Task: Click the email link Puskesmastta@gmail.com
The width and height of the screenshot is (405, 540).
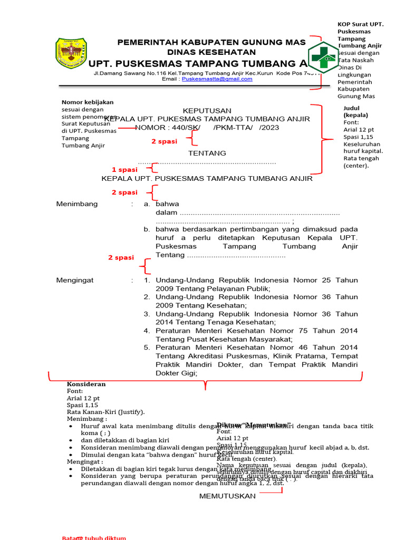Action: [217, 79]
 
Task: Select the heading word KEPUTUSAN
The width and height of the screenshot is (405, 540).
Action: [207, 111]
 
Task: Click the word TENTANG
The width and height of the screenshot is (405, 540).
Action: [207, 153]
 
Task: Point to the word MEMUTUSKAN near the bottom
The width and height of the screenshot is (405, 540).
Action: [227, 496]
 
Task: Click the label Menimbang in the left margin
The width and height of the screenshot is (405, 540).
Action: [77, 204]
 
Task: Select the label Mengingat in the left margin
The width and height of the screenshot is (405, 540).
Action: [75, 280]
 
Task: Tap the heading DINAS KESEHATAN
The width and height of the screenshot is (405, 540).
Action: [211, 52]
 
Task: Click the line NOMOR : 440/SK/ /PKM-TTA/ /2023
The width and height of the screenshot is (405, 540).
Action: [207, 128]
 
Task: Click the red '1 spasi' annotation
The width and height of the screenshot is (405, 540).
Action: [124, 170]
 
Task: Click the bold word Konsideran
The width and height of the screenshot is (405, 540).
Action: [86, 384]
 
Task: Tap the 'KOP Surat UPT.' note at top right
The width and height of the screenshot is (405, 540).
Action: [360, 24]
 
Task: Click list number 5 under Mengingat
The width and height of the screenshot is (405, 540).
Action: [147, 348]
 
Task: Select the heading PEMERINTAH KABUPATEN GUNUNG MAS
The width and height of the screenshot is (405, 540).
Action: [211, 42]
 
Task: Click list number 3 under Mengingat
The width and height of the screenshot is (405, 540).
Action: [147, 314]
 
